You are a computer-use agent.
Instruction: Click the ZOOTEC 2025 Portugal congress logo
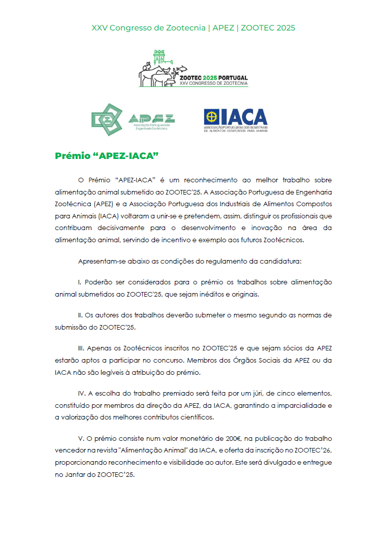[193, 69]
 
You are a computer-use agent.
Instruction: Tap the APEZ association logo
[133, 120]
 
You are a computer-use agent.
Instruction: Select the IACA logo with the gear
[235, 120]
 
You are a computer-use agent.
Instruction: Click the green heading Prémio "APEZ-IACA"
[104, 156]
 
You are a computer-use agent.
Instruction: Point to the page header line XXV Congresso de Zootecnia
[193, 27]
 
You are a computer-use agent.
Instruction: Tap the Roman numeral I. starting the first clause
[80, 282]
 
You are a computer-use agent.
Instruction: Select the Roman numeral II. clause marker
[81, 315]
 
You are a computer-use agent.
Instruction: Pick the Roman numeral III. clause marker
[81, 348]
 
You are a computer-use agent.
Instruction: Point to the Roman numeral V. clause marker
[81, 438]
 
